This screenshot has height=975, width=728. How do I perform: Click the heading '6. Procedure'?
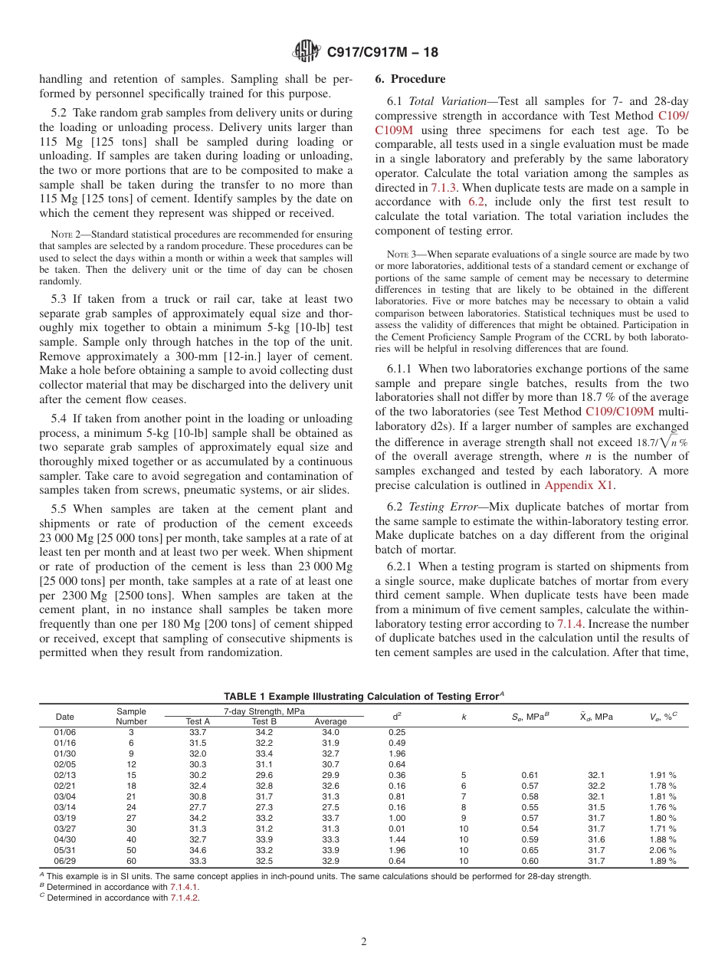[410, 79]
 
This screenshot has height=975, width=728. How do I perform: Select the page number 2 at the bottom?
[364, 942]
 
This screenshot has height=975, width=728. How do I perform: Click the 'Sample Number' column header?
[131, 716]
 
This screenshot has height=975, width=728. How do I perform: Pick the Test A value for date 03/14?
[198, 807]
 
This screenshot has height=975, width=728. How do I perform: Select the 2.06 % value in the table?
[662, 850]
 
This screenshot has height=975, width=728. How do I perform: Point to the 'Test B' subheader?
[264, 721]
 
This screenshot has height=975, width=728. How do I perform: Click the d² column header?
[396, 716]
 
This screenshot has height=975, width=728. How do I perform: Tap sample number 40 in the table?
[131, 839]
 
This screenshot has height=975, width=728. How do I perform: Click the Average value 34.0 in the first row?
[330, 732]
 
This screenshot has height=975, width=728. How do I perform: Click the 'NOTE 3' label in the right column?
[398, 253]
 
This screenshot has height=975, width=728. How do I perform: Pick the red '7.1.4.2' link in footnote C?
[184, 898]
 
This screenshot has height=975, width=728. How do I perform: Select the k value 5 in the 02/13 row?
[463, 775]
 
